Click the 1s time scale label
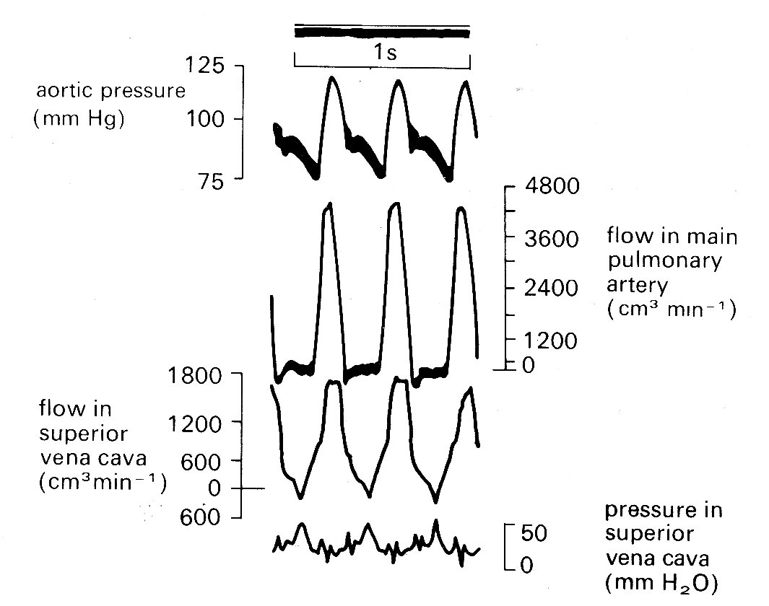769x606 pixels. coord(383,52)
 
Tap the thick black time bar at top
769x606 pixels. coord(382,33)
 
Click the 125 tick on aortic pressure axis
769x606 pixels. coord(204,66)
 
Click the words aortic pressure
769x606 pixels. coord(110,92)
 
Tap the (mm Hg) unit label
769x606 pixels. coord(79,118)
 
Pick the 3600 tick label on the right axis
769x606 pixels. coord(552,239)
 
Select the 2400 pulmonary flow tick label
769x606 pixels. coord(552,289)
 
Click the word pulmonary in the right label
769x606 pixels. coord(664,261)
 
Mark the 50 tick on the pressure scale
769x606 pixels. coord(535,535)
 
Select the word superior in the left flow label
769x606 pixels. coord(83,434)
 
